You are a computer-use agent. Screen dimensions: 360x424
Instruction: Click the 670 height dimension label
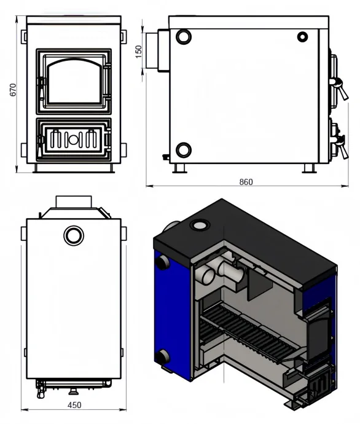[13, 90]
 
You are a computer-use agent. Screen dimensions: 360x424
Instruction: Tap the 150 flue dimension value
[138, 52]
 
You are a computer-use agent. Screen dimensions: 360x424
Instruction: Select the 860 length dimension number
[246, 182]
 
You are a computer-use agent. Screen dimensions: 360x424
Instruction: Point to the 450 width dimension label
[74, 405]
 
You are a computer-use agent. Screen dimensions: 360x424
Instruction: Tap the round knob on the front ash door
[73, 139]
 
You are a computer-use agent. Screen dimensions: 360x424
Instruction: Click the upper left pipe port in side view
[184, 36]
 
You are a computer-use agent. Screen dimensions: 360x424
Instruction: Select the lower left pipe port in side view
[184, 150]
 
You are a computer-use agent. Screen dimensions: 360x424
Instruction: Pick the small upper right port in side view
[302, 37]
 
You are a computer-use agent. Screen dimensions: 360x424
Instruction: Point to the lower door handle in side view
[341, 147]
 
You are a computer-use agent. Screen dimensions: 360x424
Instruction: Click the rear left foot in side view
[180, 168]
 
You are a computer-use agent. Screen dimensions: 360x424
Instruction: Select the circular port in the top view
[74, 235]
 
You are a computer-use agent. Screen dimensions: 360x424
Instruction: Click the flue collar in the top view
[74, 202]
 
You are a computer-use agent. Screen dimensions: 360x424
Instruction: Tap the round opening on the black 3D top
[200, 225]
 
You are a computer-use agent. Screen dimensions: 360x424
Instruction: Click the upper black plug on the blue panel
[162, 262]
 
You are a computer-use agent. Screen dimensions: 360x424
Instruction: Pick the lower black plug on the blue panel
[163, 356]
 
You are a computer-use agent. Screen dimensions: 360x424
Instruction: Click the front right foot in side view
[310, 168]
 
